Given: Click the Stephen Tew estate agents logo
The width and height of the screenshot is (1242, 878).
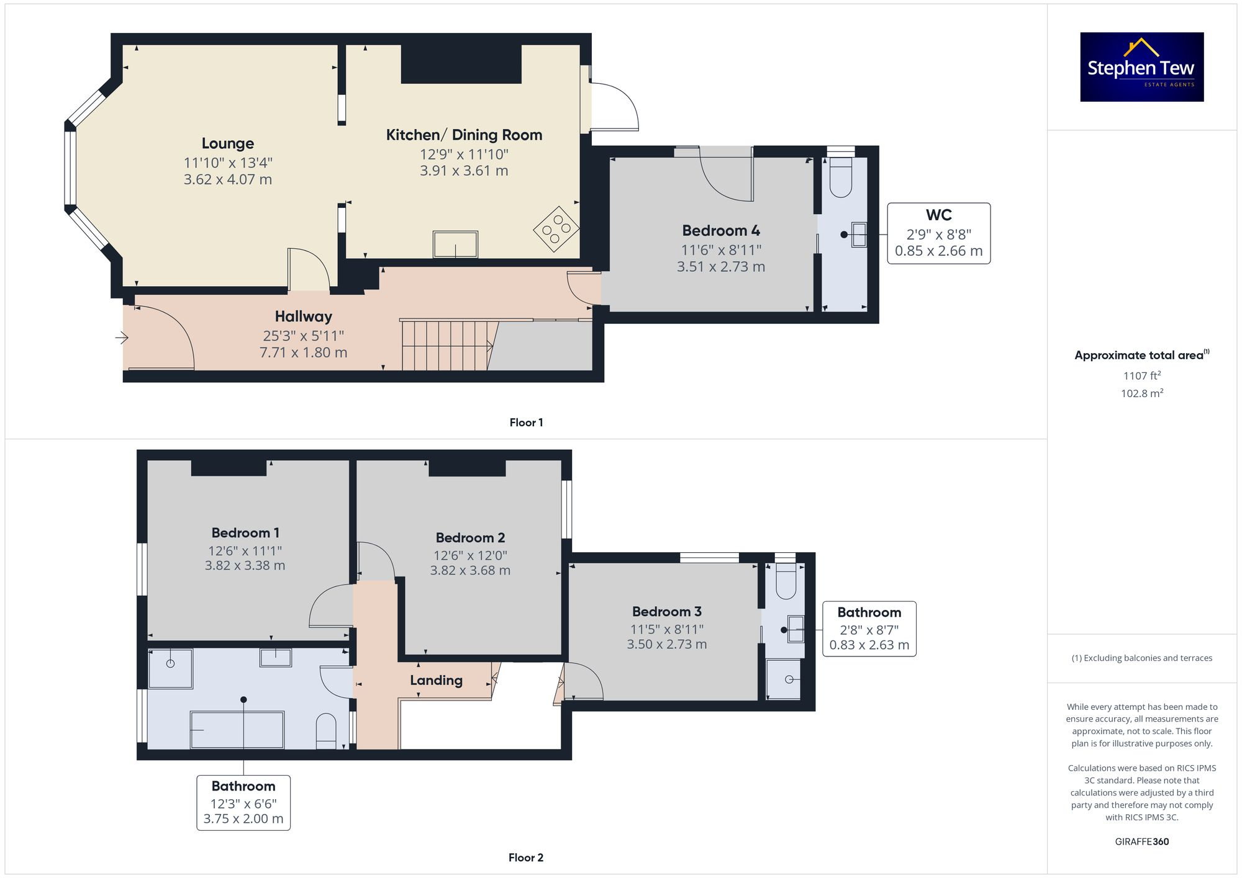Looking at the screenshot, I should [x=1141, y=67].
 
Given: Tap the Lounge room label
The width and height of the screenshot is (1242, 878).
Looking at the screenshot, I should [x=228, y=143].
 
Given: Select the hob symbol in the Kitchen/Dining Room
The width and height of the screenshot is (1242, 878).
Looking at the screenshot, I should [x=556, y=229].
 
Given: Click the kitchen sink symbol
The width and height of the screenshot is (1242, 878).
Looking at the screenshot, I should [x=455, y=244].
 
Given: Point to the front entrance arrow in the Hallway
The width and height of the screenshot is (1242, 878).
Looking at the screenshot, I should [x=122, y=338].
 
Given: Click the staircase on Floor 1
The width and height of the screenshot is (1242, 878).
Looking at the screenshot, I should [x=446, y=345].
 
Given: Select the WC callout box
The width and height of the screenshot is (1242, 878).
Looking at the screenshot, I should [x=938, y=233].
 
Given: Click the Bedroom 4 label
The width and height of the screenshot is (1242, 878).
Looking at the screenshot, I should [x=720, y=230].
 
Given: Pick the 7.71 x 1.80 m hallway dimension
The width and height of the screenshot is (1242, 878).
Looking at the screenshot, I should [x=303, y=352].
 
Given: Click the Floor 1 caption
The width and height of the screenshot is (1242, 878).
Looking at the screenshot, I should [x=526, y=423].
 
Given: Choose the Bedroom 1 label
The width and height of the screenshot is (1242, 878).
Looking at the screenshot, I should [x=245, y=532].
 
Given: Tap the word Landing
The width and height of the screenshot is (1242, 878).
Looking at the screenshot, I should [x=436, y=680].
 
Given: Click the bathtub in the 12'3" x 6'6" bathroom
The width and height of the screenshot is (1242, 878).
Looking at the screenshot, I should [x=237, y=730].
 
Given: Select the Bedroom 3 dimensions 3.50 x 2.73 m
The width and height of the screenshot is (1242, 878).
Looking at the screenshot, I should [x=666, y=644].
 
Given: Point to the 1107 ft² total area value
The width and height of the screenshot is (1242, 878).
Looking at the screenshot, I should [x=1141, y=375].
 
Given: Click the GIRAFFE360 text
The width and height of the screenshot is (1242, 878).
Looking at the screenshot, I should [x=1141, y=841].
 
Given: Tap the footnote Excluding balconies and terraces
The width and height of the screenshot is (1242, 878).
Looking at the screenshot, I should [x=1141, y=658].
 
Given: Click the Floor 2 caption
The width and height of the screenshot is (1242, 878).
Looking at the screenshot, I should [x=525, y=858].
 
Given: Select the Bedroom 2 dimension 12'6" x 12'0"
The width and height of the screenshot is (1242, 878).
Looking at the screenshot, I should [x=470, y=555].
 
